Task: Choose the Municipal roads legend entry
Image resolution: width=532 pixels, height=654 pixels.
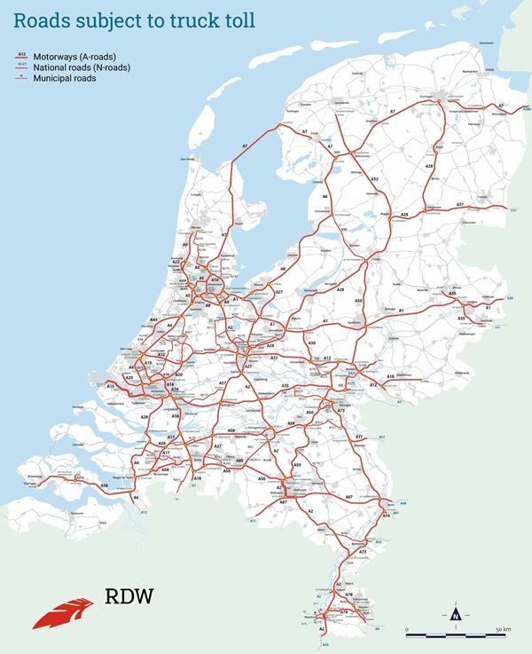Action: (65, 78)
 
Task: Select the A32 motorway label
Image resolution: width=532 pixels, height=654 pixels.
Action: (374, 179)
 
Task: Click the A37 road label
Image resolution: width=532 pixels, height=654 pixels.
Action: (460, 205)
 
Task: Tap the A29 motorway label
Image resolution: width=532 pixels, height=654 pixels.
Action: (145, 417)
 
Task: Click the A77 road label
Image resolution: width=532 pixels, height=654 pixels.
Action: (360, 437)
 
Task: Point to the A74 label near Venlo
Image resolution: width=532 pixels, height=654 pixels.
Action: (387, 516)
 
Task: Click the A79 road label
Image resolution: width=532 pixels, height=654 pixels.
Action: (342, 612)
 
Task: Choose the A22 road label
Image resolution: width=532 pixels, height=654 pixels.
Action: (176, 263)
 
